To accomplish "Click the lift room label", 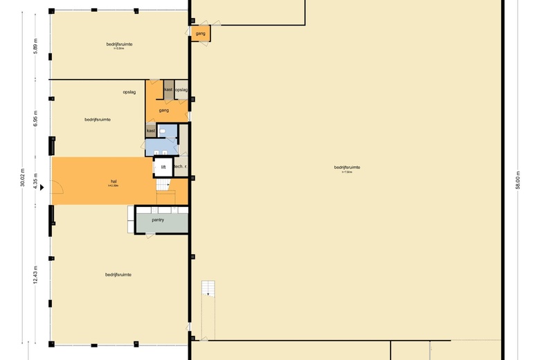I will (163, 167).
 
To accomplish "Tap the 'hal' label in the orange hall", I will (113, 182).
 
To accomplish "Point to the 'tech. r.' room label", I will (179, 167).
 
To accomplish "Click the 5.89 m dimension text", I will (35, 46).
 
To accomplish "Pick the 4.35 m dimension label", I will (35, 180).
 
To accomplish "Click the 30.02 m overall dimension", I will (22, 179).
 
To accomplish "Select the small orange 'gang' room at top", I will (201, 33).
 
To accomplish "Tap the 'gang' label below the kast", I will (163, 111).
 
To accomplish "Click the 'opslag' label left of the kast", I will (129, 91).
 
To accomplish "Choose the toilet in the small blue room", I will (161, 130).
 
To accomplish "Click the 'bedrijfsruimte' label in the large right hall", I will (347, 167).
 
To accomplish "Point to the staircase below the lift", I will (163, 186).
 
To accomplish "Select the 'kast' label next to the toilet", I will (150, 130).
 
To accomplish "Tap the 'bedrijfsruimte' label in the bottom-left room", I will (118, 275).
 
